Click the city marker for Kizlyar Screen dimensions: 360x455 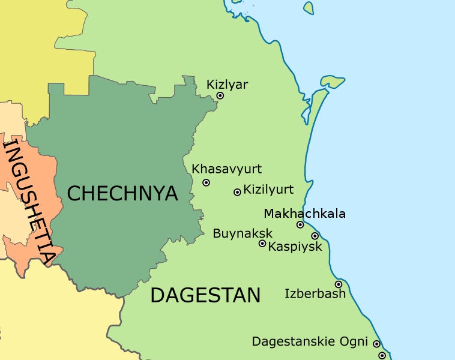point(220,95)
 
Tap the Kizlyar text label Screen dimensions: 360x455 point(227,85)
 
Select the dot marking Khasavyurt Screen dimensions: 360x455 point(206,182)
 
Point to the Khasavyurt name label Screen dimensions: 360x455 point(227,169)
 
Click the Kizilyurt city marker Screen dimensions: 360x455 point(237,192)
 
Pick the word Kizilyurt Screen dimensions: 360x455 point(268,190)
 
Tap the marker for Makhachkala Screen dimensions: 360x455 point(300,225)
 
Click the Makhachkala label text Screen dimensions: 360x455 point(304,214)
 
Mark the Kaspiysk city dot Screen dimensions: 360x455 point(315,236)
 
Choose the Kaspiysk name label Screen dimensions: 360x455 point(295,247)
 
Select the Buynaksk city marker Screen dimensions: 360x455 point(262,244)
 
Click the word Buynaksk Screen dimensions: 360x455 point(243,233)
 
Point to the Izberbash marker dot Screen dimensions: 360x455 point(339,284)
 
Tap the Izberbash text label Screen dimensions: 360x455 point(315,293)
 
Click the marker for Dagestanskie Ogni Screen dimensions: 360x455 point(376,344)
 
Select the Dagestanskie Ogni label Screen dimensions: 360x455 point(309,341)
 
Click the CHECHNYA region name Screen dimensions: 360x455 point(122,193)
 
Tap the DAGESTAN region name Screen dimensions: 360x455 point(205,295)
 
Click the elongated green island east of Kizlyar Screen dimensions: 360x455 point(332,81)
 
